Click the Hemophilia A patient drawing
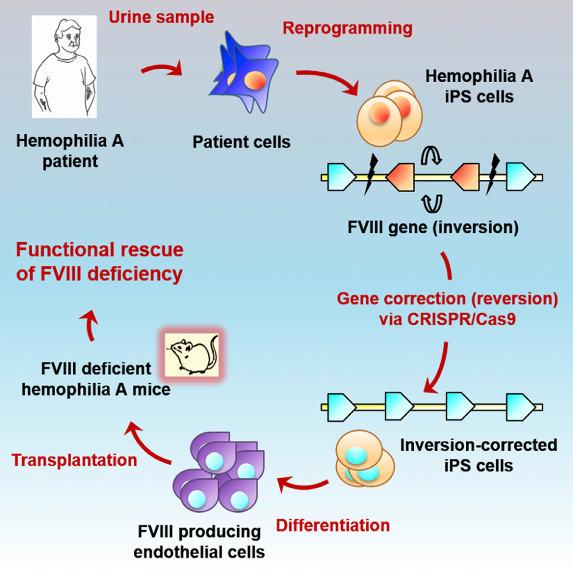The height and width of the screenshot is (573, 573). [x=64, y=66]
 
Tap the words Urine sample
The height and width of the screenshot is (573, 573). [x=161, y=17]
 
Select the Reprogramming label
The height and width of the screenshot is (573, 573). [x=347, y=28]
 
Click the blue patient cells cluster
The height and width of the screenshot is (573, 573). [x=243, y=73]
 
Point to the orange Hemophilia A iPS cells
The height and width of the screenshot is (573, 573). [x=390, y=113]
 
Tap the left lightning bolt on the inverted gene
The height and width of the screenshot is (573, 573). [x=371, y=174]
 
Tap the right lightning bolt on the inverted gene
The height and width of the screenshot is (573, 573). [x=493, y=174]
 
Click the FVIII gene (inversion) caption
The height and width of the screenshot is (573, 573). [x=433, y=227]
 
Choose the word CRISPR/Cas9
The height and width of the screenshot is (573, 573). [x=461, y=319]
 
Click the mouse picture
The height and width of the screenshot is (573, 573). [x=192, y=355]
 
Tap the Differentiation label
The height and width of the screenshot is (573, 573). [x=333, y=525]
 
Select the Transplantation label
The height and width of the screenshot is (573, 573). [x=74, y=460]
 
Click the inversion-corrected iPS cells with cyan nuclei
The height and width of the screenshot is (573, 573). [x=365, y=458]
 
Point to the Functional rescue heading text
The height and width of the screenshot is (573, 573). [x=100, y=262]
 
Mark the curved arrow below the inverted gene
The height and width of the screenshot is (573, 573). [x=432, y=204]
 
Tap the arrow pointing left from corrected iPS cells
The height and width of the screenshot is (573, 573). [x=302, y=485]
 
